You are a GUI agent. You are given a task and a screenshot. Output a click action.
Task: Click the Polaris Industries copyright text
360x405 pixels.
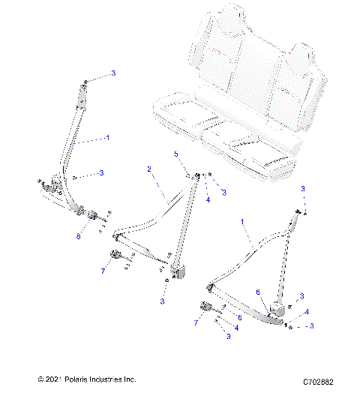coord(85,380)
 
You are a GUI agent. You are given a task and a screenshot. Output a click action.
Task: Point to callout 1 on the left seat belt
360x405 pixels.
coord(107,138)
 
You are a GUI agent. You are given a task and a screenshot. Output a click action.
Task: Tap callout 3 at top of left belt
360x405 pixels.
coord(113,73)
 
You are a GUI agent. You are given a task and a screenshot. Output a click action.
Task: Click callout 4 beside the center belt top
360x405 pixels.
coord(207,199)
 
